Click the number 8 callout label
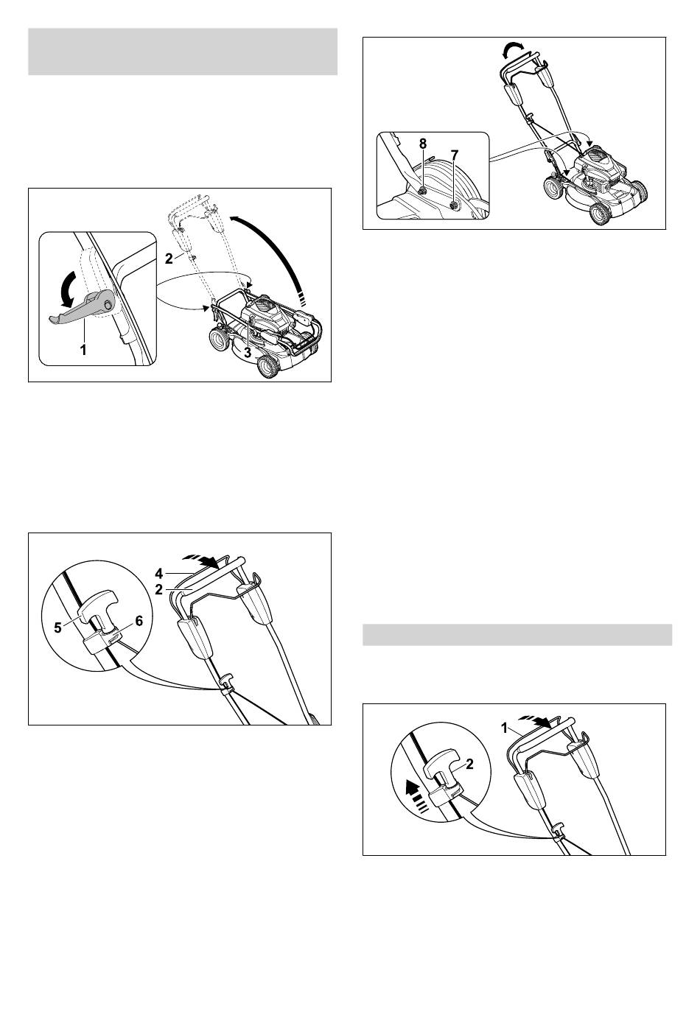[422, 144]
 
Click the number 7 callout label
[455, 155]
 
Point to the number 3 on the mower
[247, 352]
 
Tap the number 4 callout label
[158, 574]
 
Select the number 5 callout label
[58, 628]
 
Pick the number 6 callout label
[139, 621]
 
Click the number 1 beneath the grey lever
[83, 350]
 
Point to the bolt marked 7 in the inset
[453, 206]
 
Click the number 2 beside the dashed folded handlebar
[169, 259]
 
